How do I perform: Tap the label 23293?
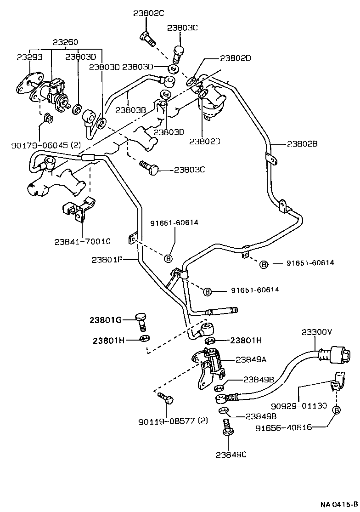pyautogui.click(x=30, y=57)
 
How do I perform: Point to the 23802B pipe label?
pyautogui.click(x=303, y=143)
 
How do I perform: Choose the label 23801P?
pyautogui.click(x=106, y=260)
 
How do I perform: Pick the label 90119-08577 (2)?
pyautogui.click(x=173, y=421)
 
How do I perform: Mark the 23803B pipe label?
pyautogui.click(x=131, y=110)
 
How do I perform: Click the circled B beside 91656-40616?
pyautogui.click(x=337, y=410)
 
